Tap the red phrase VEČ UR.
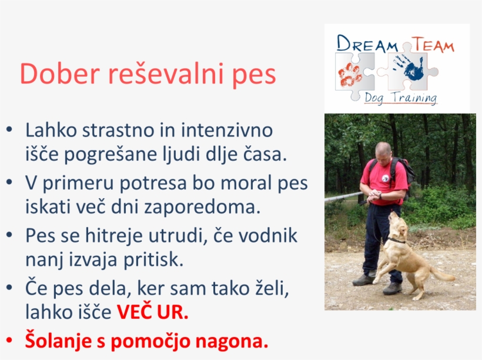click(x=152, y=312)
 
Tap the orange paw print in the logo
click(x=351, y=75)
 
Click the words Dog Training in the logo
click(x=400, y=98)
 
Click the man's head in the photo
click(x=383, y=151)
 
